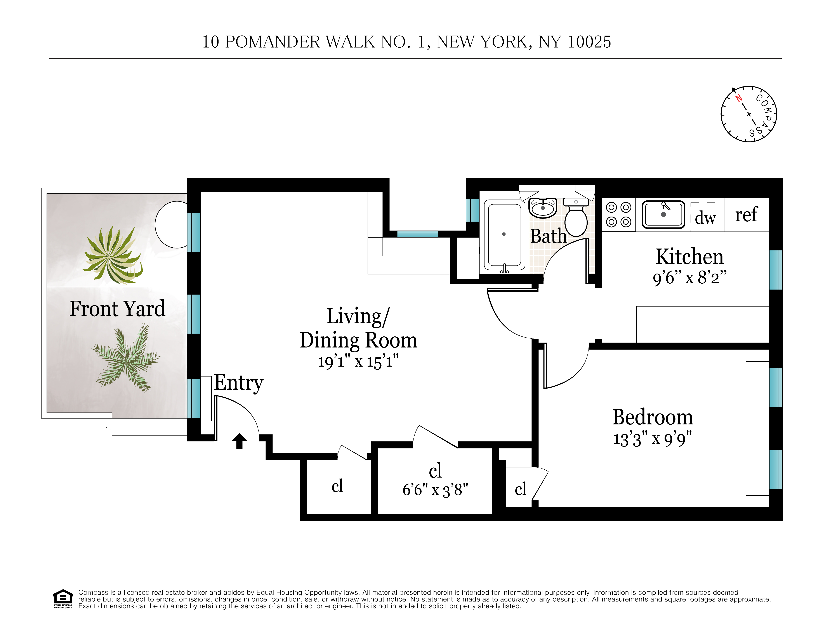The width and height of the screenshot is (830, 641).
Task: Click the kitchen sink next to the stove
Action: pyautogui.click(x=663, y=215)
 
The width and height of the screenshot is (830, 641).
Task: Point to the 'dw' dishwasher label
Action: pyautogui.click(x=705, y=218)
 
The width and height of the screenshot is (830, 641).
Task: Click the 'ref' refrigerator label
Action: pyautogui.click(x=746, y=215)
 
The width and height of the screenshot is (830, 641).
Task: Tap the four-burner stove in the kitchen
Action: pyautogui.click(x=618, y=215)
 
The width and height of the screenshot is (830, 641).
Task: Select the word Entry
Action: pyautogui.click(x=239, y=383)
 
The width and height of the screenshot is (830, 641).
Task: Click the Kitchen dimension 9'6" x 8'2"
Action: pyautogui.click(x=689, y=277)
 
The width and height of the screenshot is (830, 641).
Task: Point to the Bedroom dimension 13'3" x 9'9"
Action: pyautogui.click(x=653, y=439)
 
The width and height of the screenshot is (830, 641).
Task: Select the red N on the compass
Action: pyautogui.click(x=738, y=98)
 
